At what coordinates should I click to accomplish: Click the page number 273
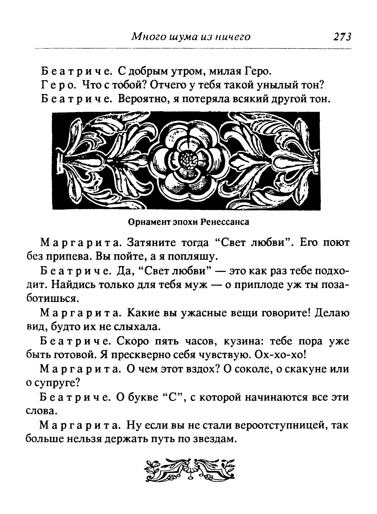342,37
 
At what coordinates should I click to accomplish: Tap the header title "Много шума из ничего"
191,37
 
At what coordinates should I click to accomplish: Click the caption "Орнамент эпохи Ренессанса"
189,222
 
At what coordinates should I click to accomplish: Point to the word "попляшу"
192,256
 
